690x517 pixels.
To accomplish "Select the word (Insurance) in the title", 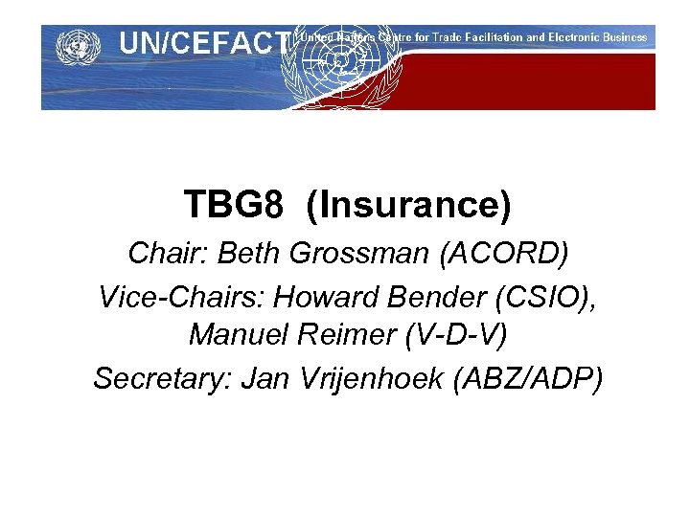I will pyautogui.click(x=409, y=204).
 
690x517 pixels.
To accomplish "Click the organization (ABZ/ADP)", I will pyautogui.click(x=533, y=380).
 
